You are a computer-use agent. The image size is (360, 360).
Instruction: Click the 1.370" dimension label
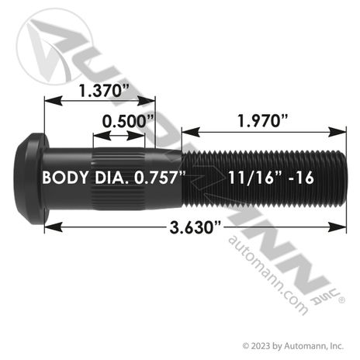point(104,91)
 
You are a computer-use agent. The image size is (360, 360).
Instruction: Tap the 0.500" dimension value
point(128,121)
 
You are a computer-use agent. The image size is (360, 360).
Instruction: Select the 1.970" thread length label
point(263,121)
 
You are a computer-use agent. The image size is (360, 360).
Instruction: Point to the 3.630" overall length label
point(196,228)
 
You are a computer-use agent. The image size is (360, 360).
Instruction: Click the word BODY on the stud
point(65,178)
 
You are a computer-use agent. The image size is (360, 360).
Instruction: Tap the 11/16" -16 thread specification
point(271,178)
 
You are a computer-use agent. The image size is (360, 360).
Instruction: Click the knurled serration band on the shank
point(118,178)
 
